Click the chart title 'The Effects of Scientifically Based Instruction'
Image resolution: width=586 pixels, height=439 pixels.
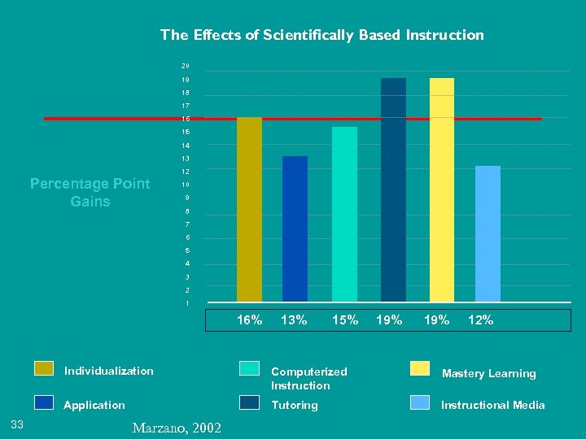pos(321,35)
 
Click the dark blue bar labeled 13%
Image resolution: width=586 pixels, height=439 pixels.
pos(295,228)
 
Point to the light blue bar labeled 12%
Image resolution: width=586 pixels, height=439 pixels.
pos(488,233)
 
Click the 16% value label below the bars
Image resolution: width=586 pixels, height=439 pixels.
pos(249,320)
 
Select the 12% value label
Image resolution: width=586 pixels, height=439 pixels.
pos(480,320)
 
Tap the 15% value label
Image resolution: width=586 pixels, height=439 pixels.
pos(345,320)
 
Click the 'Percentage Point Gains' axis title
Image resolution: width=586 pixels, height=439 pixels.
pos(90,193)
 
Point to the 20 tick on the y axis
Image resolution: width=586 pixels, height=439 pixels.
pos(186,66)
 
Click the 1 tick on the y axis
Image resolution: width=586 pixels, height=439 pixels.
pos(187,303)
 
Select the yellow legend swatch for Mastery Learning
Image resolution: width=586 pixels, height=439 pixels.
pos(420,368)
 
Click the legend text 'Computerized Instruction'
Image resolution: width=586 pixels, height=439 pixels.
pos(308,378)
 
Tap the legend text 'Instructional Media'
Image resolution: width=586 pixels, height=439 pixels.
pos(492,405)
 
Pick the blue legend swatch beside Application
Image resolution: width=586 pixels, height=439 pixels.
pos(44,402)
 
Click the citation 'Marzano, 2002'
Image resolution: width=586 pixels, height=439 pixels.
pos(175,427)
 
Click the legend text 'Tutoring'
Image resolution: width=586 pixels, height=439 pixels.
pos(294,405)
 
